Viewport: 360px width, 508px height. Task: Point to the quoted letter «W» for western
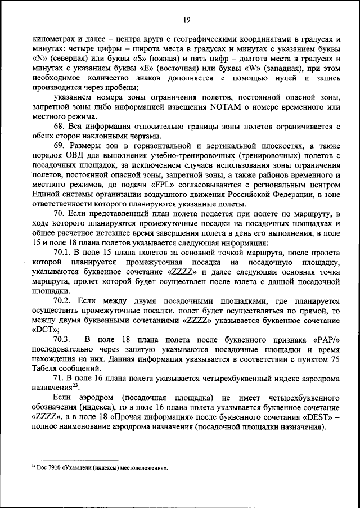tap(240, 68)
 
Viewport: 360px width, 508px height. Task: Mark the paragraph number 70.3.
tap(64, 340)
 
